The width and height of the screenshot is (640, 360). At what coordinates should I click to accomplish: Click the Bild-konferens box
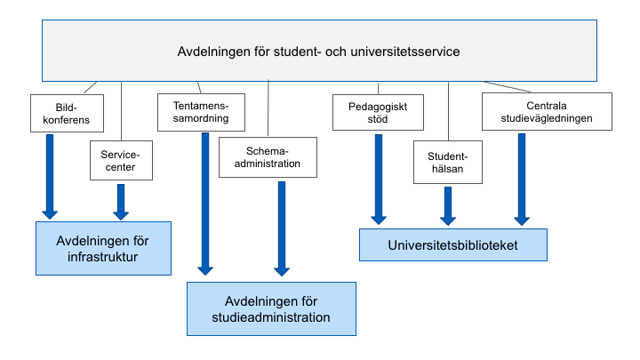coord(67,114)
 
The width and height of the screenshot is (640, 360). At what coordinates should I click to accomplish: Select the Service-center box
coord(121,160)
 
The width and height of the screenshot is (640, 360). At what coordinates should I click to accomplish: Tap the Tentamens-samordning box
coord(201,112)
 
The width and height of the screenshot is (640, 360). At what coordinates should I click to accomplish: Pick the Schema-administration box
coord(268,157)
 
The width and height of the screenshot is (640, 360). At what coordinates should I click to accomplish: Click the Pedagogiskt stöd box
coord(378,113)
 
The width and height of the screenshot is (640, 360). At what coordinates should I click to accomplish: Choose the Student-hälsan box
coord(448,163)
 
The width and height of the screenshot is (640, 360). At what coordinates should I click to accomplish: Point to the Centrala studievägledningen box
coord(547,112)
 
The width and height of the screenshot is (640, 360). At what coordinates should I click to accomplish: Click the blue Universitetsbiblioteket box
coord(453,245)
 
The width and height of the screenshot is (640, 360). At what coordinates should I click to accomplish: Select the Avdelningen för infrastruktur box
coord(103,249)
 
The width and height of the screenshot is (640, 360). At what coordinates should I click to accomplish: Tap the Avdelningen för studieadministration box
coord(271,309)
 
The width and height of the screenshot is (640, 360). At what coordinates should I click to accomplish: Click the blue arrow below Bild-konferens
coord(50,177)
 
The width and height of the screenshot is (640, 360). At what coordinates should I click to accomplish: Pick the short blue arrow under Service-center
coord(121,202)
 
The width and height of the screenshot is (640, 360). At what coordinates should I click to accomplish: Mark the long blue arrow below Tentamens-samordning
coord(205,204)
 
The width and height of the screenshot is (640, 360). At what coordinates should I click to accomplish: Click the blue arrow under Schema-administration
coord(282,228)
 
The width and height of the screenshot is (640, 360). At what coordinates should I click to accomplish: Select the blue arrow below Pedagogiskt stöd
coord(379,180)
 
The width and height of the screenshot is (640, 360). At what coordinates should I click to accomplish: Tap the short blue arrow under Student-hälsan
coord(448,206)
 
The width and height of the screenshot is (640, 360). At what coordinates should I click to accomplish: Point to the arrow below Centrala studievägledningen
coord(522,180)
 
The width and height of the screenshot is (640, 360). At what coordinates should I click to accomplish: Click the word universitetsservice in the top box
coord(405,52)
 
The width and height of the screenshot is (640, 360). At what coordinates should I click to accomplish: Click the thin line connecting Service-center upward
coord(121,111)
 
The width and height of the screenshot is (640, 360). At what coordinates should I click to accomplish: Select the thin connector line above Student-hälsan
coord(448,111)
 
